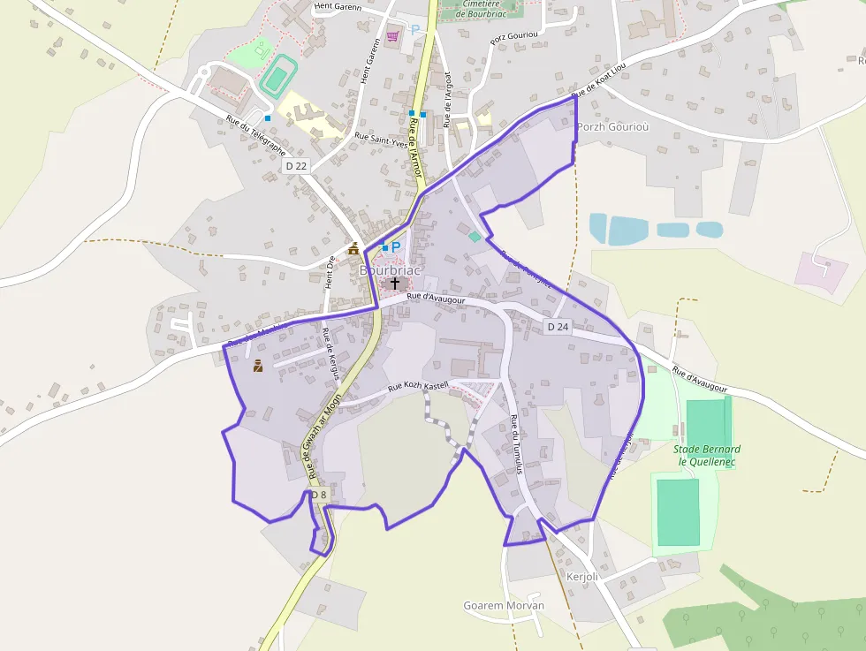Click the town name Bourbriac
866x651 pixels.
coord(391,269)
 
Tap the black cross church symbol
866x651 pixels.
coord(394,284)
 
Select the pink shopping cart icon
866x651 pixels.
coord(392,36)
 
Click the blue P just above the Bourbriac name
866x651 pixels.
coord(396,246)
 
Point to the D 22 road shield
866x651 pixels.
coord(296,166)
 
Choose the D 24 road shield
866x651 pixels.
coord(558,327)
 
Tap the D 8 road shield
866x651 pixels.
coord(318,495)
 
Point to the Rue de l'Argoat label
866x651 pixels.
coord(448,98)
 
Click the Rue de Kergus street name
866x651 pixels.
coord(331,354)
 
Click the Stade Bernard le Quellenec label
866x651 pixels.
coord(709,454)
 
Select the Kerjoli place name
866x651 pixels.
coord(582,577)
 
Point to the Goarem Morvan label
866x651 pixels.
coord(504,606)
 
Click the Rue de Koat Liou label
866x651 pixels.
coord(598,81)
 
